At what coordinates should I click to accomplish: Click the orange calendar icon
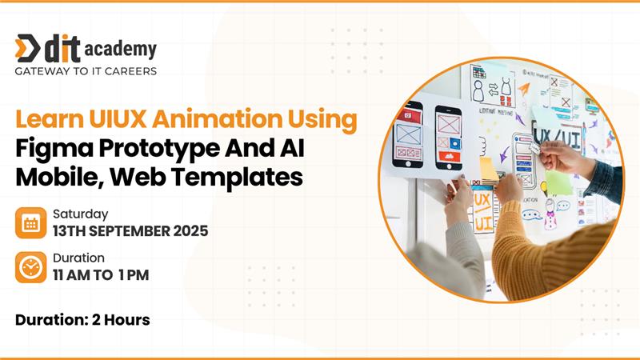click(31, 223)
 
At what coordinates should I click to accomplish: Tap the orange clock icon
click(31, 267)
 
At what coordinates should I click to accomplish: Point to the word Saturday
click(81, 214)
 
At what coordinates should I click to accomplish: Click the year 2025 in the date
click(190, 231)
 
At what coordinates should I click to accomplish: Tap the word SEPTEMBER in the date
click(130, 231)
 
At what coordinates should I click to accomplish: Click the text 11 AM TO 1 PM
click(101, 275)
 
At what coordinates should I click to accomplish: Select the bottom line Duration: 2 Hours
click(82, 319)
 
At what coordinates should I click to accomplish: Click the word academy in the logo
click(121, 50)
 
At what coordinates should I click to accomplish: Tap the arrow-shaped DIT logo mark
click(27, 48)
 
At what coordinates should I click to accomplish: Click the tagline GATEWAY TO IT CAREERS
click(86, 71)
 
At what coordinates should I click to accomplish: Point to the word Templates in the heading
click(237, 178)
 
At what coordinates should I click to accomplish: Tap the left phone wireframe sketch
click(408, 134)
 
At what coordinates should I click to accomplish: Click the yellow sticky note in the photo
click(488, 170)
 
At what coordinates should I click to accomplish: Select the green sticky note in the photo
click(559, 182)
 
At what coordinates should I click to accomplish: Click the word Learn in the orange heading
click(50, 118)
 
